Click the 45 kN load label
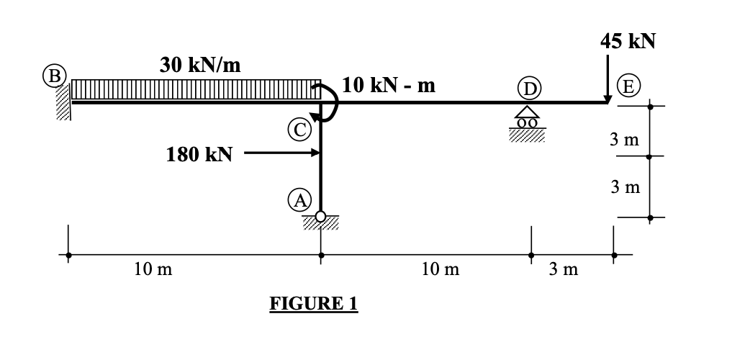click(x=628, y=40)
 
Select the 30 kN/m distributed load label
click(x=200, y=65)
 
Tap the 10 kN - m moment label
click(x=389, y=86)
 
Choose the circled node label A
click(x=302, y=199)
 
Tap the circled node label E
click(x=628, y=87)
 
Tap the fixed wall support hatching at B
click(x=64, y=101)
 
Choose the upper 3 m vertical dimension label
click(x=624, y=139)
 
